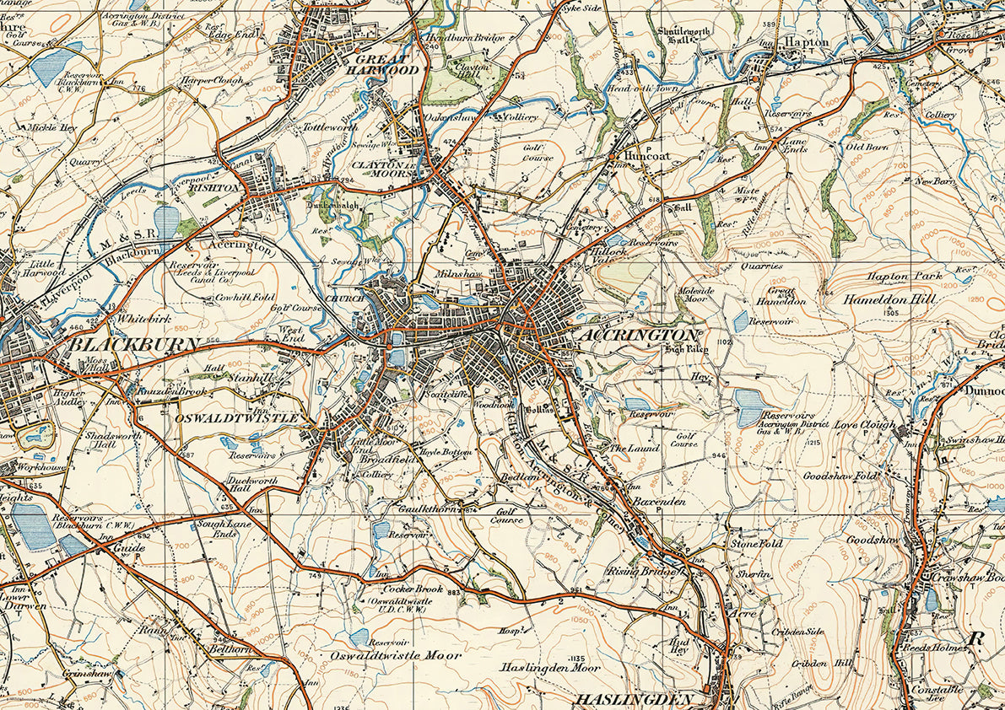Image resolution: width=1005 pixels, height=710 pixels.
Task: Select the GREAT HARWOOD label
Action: click(385, 65)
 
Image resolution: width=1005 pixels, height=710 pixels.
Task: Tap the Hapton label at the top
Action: click(807, 41)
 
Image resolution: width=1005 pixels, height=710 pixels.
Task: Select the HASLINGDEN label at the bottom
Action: click(634, 699)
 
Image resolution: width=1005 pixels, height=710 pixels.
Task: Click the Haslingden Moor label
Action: click(551, 667)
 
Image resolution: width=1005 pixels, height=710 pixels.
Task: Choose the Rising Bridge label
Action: click(642, 571)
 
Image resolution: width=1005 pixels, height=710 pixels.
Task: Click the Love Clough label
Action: click(864, 425)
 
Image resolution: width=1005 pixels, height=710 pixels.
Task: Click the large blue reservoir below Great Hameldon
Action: click(748, 408)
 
